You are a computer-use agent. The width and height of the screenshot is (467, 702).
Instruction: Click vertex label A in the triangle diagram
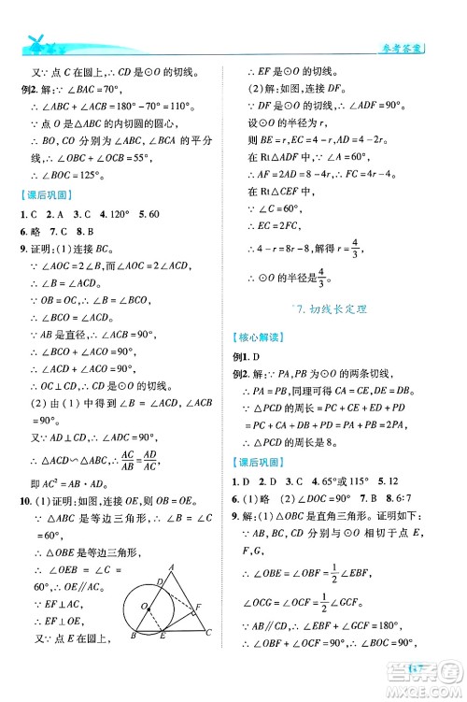(x=171, y=566)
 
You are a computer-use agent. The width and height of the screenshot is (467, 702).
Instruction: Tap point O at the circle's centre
(x=142, y=606)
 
